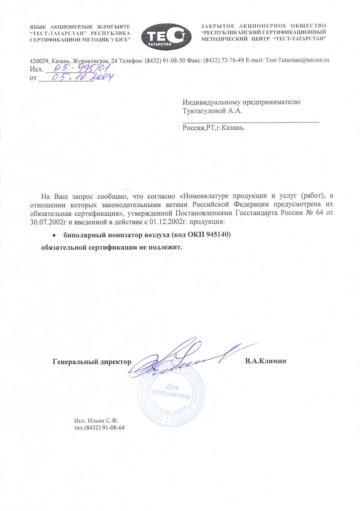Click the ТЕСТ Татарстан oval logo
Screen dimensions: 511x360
[163, 35]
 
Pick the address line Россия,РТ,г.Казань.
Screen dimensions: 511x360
[214, 128]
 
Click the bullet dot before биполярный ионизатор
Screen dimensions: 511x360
[54, 235]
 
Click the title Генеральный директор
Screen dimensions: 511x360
[91, 361]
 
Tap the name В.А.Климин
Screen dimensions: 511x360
[265, 361]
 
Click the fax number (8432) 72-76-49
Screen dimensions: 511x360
[223, 60]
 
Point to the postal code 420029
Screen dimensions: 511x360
[38, 60]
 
